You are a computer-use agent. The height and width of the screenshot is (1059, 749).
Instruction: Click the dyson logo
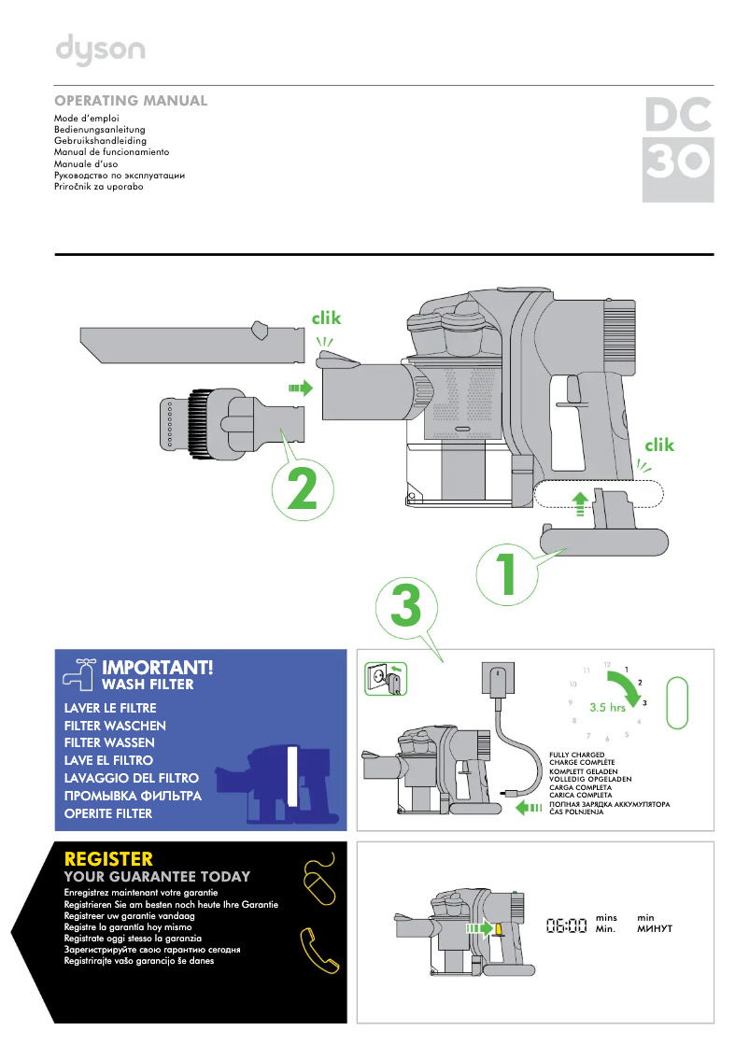[100, 50]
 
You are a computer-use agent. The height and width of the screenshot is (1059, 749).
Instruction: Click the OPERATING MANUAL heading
[131, 101]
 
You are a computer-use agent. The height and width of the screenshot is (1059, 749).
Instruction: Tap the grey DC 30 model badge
[678, 149]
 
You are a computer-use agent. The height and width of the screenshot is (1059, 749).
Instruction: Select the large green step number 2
[302, 489]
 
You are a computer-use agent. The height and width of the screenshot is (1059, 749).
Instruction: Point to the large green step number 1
[506, 574]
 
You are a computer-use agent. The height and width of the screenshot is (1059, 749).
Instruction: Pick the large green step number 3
[406, 604]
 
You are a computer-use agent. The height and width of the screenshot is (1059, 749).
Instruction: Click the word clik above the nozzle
[326, 318]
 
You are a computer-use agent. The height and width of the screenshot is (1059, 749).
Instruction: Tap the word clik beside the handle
[659, 445]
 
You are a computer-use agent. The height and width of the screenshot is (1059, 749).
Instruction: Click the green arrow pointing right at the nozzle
[302, 388]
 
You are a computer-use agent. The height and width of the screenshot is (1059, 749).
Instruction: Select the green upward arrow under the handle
[579, 504]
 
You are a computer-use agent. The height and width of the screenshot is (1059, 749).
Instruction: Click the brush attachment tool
[232, 419]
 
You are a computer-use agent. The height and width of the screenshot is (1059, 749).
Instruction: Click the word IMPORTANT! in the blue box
[157, 668]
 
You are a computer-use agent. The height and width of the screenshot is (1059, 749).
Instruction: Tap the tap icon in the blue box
[78, 674]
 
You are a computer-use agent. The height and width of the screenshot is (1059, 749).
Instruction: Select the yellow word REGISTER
[108, 859]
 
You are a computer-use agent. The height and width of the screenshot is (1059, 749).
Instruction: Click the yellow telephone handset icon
[318, 951]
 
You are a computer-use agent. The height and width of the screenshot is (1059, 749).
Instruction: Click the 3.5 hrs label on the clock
[607, 707]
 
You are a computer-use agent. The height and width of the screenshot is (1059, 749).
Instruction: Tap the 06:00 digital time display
[567, 925]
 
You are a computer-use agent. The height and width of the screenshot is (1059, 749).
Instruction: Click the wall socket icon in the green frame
[386, 679]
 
